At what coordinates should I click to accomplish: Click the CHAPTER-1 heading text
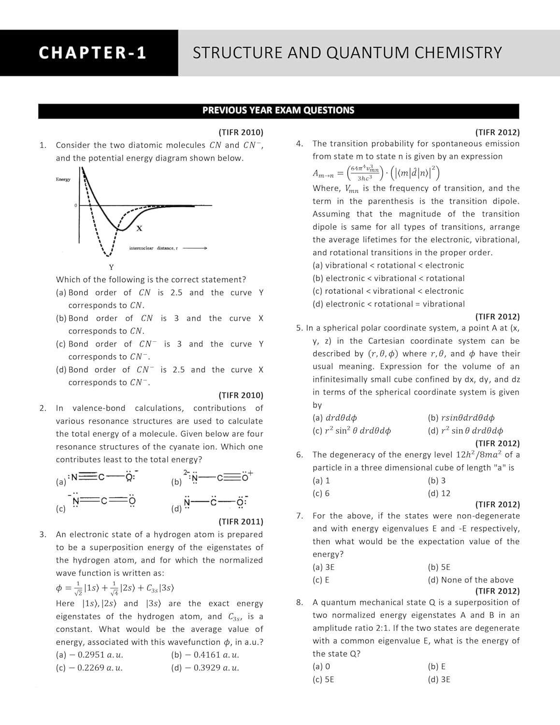pos(92,53)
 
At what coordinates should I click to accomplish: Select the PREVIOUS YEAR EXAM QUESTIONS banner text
pos(278,111)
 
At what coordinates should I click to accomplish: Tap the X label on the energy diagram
pos(139,228)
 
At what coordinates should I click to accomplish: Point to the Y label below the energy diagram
pos(111,267)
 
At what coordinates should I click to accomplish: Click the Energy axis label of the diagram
pos(63,179)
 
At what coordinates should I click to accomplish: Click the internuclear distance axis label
pos(153,248)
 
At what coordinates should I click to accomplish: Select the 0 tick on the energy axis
pos(75,206)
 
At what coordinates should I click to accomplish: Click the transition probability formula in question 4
pos(376,173)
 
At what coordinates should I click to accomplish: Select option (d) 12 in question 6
pos(439,493)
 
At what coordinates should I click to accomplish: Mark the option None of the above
pos(471,580)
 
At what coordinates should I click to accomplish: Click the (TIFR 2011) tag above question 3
pos(241,522)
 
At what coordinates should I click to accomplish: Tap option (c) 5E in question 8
pos(323,679)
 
